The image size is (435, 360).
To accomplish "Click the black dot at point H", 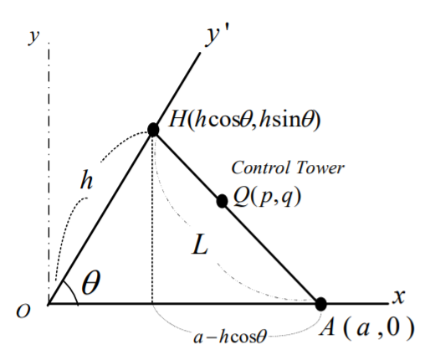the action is pyautogui.click(x=153, y=130).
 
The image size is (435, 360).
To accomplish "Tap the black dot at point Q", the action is pyautogui.click(x=222, y=201).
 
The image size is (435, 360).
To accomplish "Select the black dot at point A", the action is pyautogui.click(x=321, y=304).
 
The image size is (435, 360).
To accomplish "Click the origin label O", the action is pyautogui.click(x=23, y=311).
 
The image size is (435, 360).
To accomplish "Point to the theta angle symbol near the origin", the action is pyautogui.click(x=90, y=282).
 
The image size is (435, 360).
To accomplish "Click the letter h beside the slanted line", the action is pyautogui.click(x=86, y=180).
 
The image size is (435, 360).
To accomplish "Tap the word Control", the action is pyautogui.click(x=260, y=167).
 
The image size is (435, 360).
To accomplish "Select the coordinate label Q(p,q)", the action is pyautogui.click(x=267, y=197).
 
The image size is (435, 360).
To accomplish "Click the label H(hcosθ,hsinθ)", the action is pyautogui.click(x=244, y=121).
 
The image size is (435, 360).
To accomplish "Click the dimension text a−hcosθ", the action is pyautogui.click(x=230, y=337).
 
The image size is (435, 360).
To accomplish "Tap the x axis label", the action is pyautogui.click(x=398, y=296).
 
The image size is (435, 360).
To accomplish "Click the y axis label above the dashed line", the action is pyautogui.click(x=33, y=37).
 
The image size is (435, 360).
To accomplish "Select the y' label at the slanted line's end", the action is pyautogui.click(x=217, y=36).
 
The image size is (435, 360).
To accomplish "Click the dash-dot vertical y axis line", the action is pyautogui.click(x=49, y=173).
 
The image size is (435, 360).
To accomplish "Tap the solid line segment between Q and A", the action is pyautogui.click(x=271, y=253).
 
